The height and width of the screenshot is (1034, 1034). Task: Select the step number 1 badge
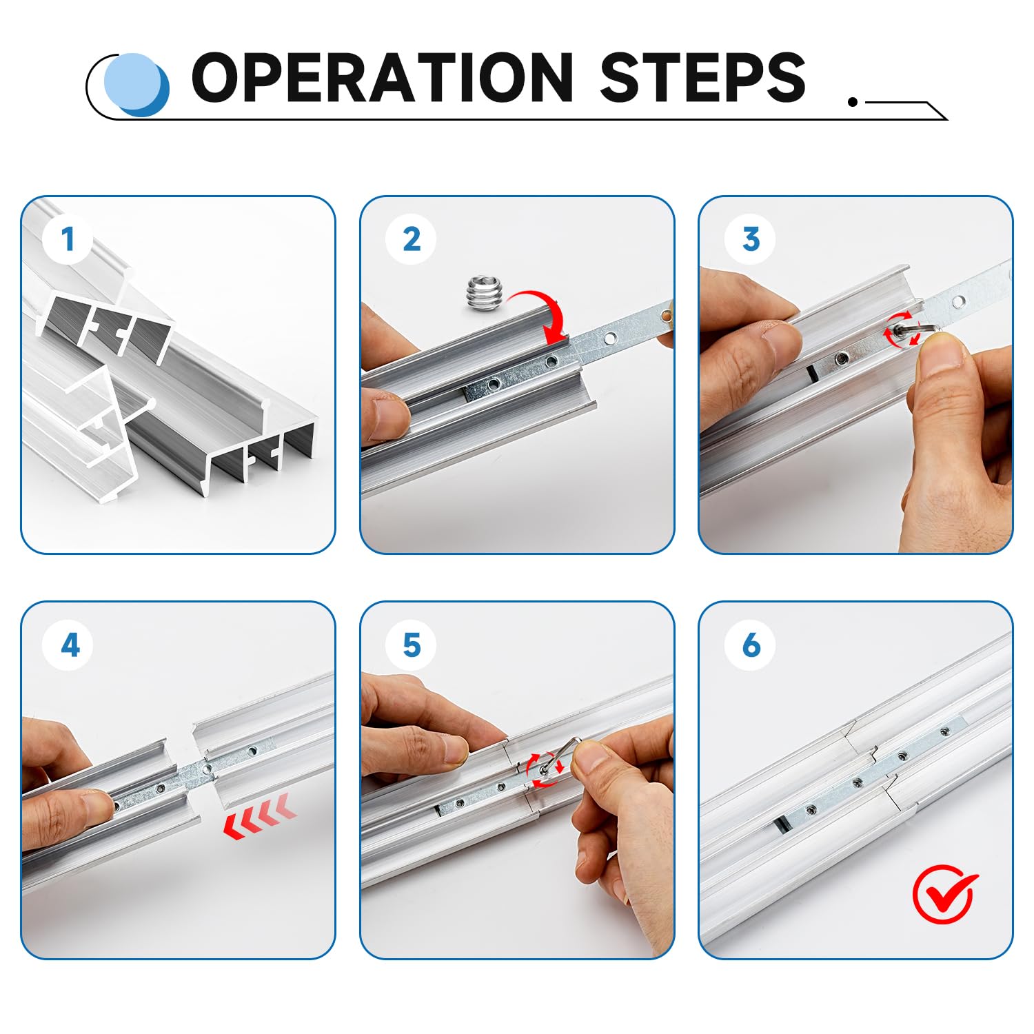[x=68, y=239]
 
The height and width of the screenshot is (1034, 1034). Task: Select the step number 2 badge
[x=412, y=239]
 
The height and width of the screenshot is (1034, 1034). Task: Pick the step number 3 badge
[x=751, y=239]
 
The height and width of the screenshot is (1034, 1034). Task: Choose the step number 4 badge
[x=69, y=645]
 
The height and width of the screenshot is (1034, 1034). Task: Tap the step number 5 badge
[x=412, y=645]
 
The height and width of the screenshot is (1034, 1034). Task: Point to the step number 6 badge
[x=751, y=645]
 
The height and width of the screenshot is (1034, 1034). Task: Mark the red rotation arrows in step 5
[x=545, y=769]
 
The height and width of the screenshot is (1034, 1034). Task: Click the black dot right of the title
[x=853, y=102]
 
